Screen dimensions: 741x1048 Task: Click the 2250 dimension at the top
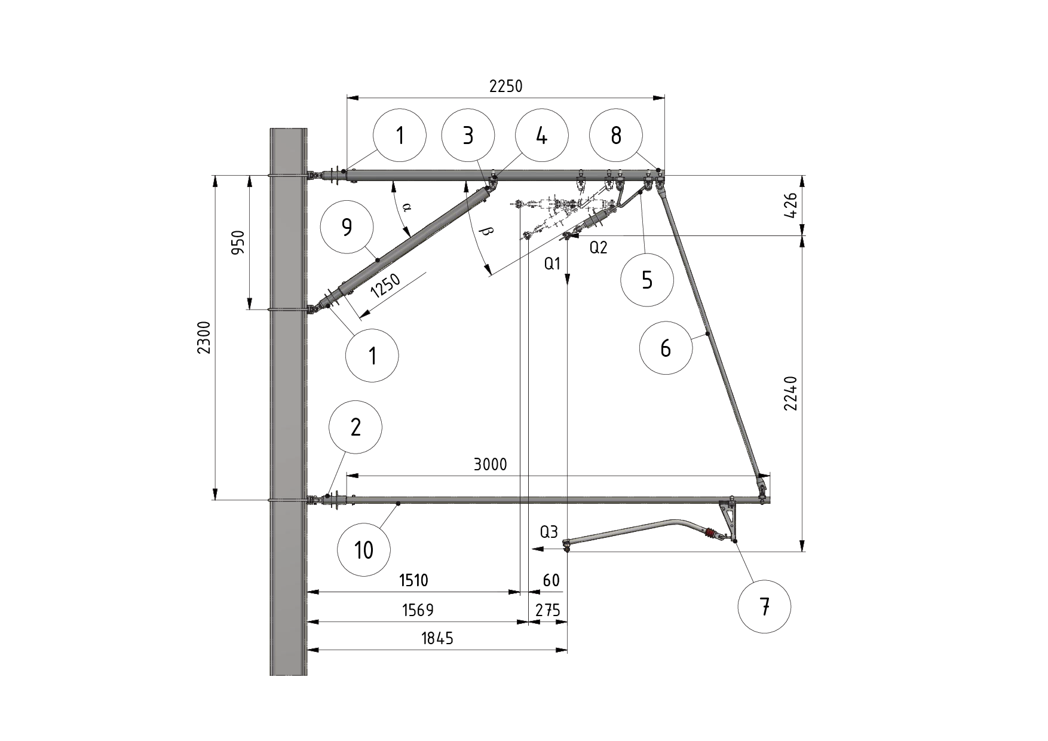click(x=505, y=87)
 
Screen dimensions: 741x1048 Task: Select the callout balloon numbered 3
click(x=468, y=136)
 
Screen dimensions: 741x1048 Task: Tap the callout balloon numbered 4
click(x=541, y=136)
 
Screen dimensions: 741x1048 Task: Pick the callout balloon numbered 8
click(x=615, y=136)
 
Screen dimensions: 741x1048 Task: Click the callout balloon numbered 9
click(x=347, y=227)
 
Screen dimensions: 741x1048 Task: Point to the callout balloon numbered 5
click(x=647, y=280)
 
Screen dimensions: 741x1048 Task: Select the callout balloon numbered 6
click(x=666, y=348)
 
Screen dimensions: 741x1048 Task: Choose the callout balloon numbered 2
click(x=356, y=427)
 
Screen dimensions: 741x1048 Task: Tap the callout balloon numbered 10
click(x=363, y=549)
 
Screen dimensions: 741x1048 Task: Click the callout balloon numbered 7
click(x=764, y=607)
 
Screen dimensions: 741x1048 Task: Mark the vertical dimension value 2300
click(x=204, y=338)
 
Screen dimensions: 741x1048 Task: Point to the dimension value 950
click(x=238, y=242)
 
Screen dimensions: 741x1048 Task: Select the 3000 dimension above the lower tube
click(x=490, y=464)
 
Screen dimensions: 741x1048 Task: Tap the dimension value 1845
click(x=437, y=639)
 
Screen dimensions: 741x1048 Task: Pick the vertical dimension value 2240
click(x=791, y=393)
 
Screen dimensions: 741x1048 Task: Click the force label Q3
click(x=548, y=532)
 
